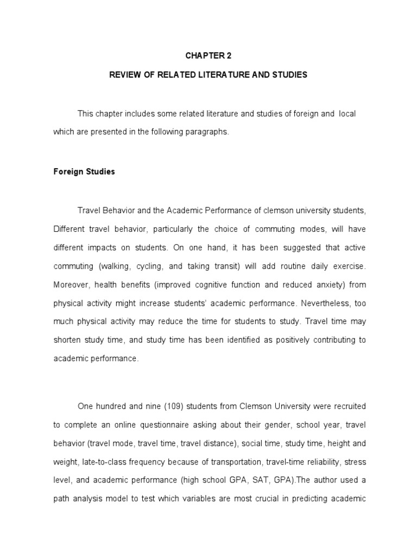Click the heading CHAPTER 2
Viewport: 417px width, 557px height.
click(208, 55)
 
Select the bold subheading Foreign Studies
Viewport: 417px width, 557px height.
click(84, 171)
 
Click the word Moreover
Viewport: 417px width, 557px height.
click(72, 284)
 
